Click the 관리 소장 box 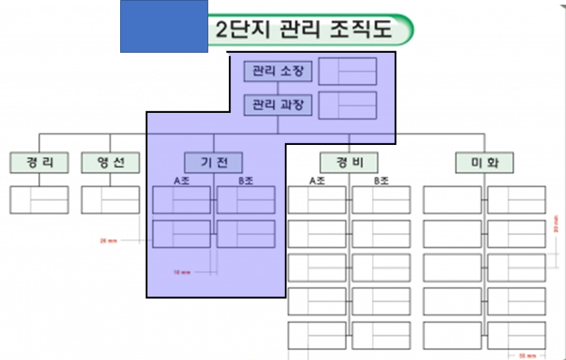tap(278, 71)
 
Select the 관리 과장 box tap(278, 106)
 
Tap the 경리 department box tap(39, 162)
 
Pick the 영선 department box tap(110, 162)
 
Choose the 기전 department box tap(214, 162)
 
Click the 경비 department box tap(348, 162)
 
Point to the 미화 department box tap(485, 162)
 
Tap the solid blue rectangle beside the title tap(164, 26)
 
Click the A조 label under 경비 tap(317, 180)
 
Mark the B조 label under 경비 tap(381, 180)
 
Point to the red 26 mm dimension tap(107, 240)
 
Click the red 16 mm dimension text tap(182, 273)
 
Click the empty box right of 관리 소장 tap(347, 71)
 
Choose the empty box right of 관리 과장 tap(347, 106)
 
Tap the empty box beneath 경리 tap(39, 200)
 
